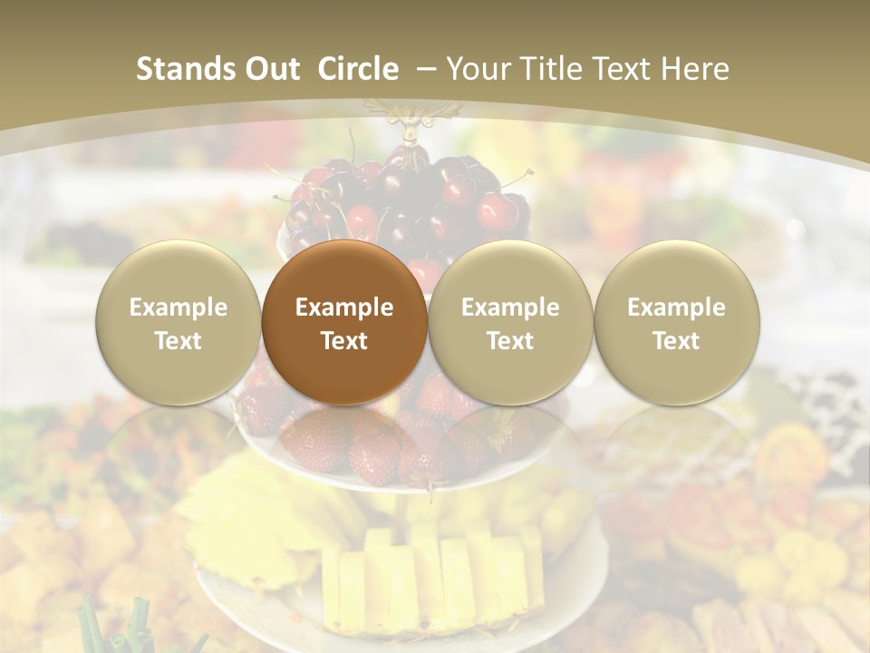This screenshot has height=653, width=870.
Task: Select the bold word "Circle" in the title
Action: pos(358,69)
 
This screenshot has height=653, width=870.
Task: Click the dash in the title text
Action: pos(427,69)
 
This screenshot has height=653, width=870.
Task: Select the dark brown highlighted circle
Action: pos(344,322)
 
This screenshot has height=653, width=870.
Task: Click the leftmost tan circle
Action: pos(178,322)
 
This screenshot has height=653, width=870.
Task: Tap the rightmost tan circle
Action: pos(677,322)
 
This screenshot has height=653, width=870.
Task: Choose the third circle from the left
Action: pos(510,322)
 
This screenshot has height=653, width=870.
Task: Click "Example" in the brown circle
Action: pos(344,307)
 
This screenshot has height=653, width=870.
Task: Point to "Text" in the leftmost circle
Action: pos(178,341)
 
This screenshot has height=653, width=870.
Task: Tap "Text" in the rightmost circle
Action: pos(677,341)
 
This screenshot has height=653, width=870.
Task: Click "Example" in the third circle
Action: pos(510,307)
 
